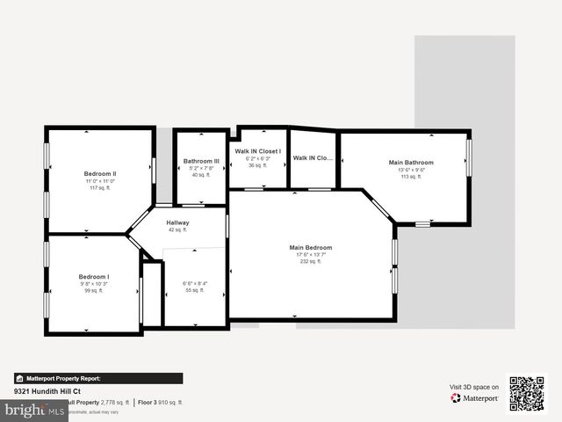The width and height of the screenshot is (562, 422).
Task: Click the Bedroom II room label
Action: [x=100, y=174]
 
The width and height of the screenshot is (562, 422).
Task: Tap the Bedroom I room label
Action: [x=93, y=276]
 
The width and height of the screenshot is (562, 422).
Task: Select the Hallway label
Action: [x=177, y=222]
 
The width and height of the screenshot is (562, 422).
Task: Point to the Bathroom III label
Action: [x=201, y=161]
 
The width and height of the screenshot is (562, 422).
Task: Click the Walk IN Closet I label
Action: [x=258, y=151]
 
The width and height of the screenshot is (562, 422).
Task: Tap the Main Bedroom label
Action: [x=311, y=248]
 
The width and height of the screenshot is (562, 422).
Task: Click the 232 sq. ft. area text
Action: [x=311, y=261]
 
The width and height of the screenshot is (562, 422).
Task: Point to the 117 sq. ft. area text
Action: [x=100, y=188]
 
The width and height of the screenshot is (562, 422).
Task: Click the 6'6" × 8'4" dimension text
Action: [x=195, y=283]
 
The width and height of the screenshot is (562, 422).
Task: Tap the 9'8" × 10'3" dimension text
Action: [x=93, y=283]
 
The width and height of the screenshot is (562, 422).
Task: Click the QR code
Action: [x=527, y=394]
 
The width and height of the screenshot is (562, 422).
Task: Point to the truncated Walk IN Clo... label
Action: [x=313, y=158]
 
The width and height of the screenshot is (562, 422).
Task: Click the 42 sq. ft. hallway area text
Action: [x=177, y=229]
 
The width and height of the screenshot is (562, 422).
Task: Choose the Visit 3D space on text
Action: [x=474, y=387]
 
